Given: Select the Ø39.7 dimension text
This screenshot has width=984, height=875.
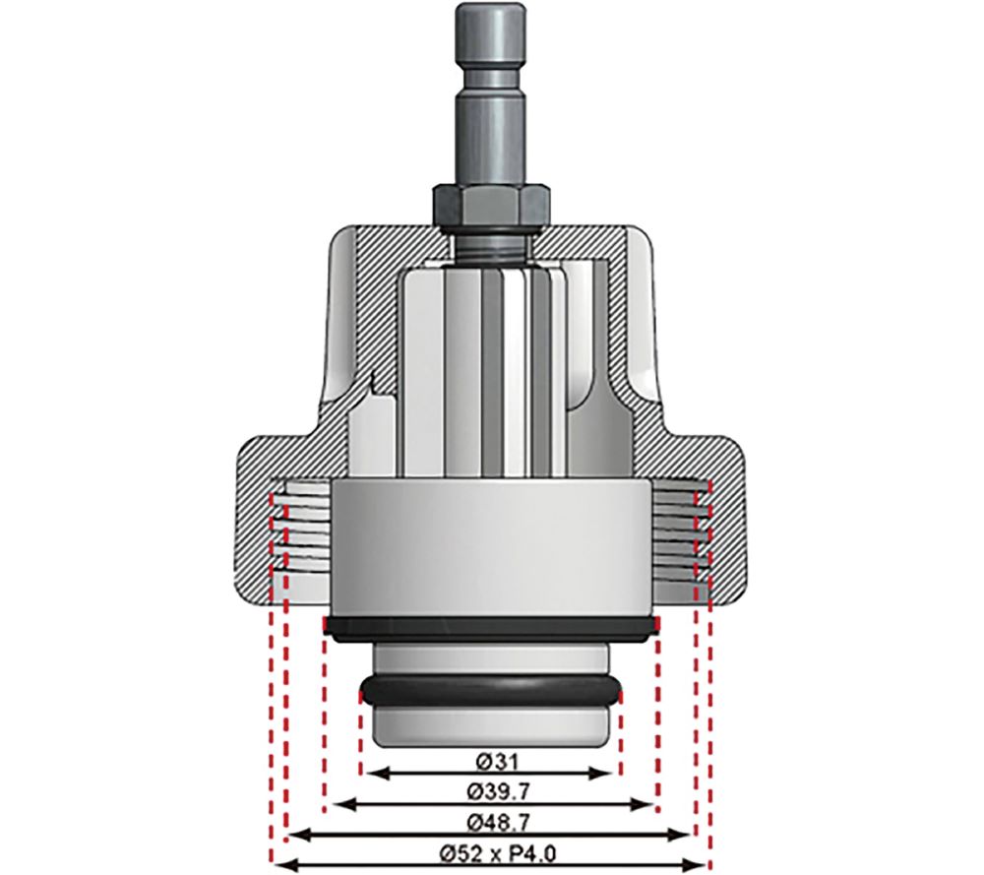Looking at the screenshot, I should click(x=490, y=791).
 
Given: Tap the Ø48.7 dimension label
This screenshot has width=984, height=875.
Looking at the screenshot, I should click(x=490, y=822).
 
